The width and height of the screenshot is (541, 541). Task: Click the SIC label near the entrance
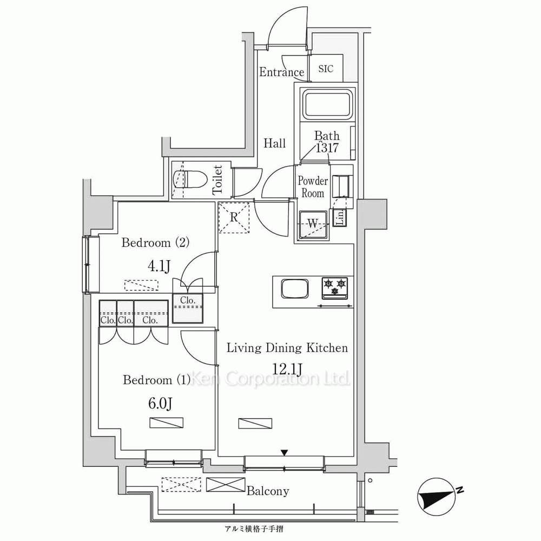326,69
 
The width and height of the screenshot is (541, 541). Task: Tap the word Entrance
281,72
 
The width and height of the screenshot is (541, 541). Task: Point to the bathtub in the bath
327,103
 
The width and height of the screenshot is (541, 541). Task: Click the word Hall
275,143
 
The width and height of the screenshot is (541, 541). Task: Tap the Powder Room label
313,187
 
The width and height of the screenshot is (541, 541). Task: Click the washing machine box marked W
313,225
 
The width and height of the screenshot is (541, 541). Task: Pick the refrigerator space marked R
234,217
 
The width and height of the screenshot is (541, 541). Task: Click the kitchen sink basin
295,288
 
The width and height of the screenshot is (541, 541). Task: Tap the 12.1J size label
287,369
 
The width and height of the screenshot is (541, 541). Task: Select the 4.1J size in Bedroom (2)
159,266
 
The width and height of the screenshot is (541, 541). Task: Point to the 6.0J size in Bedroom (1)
160,403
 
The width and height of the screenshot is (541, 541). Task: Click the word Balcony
268,491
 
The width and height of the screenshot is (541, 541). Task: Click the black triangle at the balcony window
284,453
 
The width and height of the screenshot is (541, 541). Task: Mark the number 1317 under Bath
327,148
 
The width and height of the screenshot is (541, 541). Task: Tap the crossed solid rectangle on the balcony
226,484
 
